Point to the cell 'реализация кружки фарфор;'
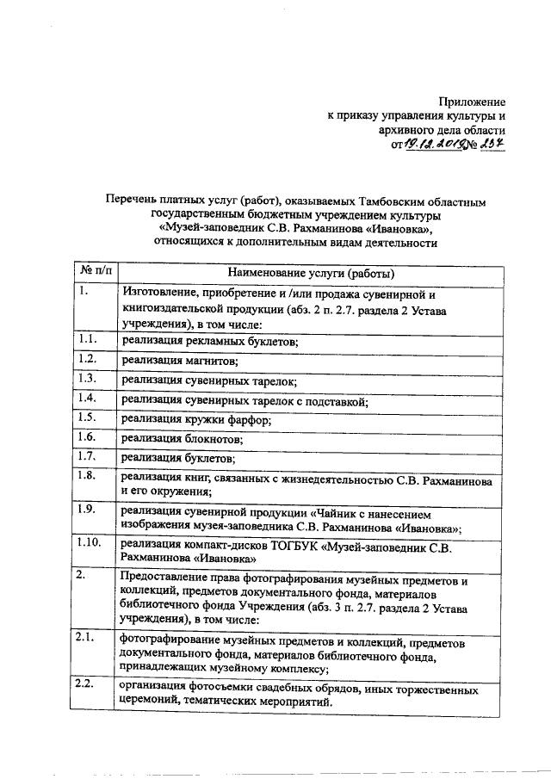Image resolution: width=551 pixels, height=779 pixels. [196, 420]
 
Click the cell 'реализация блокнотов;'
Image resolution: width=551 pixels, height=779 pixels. [180, 439]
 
